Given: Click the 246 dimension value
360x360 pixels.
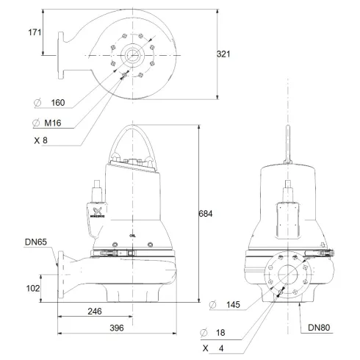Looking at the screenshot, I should [x=94, y=312].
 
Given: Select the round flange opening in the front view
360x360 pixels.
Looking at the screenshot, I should [x=283, y=277].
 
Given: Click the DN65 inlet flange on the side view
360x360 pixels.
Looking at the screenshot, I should [x=59, y=278].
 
